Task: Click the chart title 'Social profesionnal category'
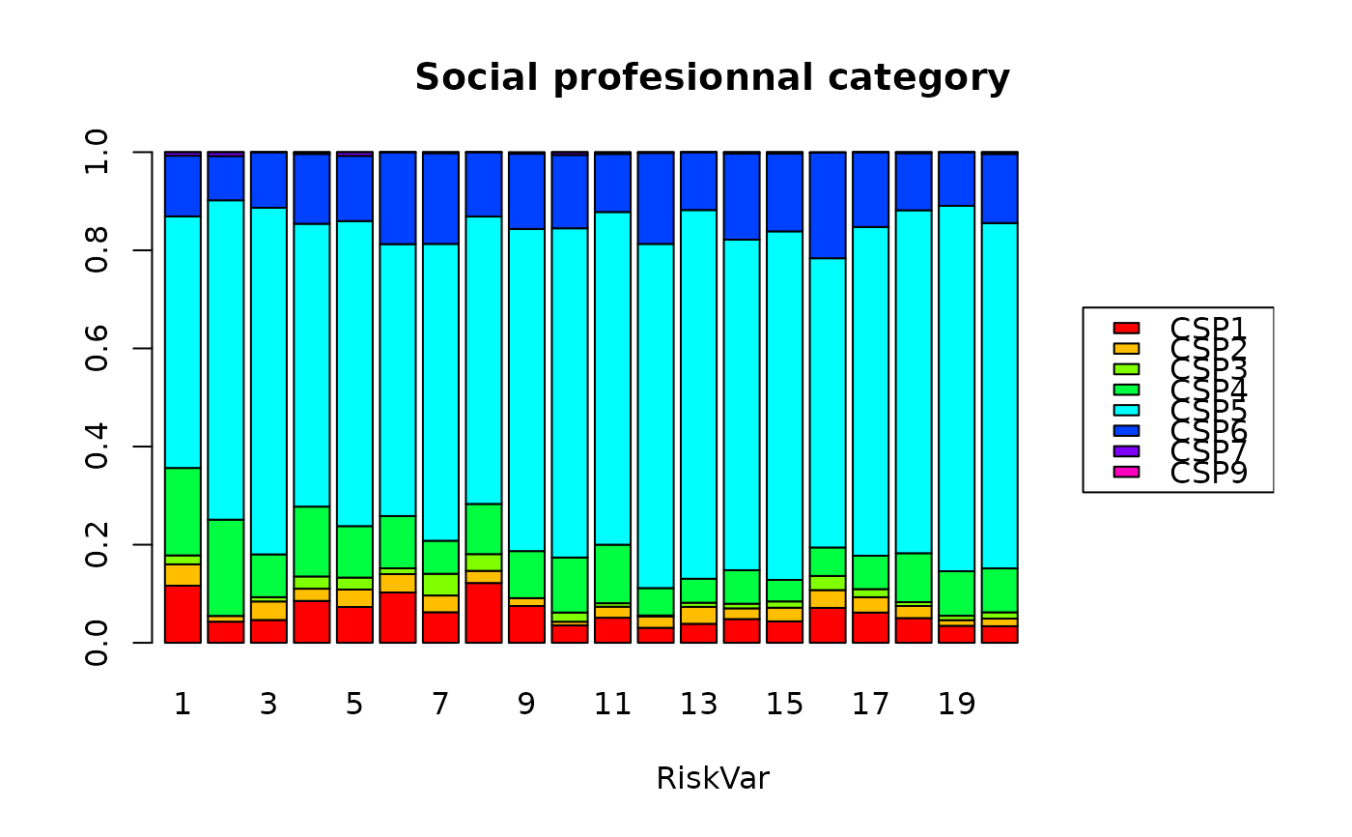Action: [712, 77]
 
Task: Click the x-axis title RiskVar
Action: [712, 778]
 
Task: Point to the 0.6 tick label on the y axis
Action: [98, 349]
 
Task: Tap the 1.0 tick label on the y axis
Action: [98, 153]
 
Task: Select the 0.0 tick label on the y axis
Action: [98, 643]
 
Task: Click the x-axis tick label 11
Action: [612, 705]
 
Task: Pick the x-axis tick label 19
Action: [956, 705]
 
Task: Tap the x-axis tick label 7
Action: [440, 705]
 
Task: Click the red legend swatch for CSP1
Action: [1126, 328]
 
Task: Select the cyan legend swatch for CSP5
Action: [1126, 410]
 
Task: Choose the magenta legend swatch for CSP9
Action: [1126, 472]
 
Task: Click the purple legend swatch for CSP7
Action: [1126, 451]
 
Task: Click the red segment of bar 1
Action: [183, 614]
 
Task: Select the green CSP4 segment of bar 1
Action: [183, 511]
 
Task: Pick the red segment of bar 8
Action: [483, 613]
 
